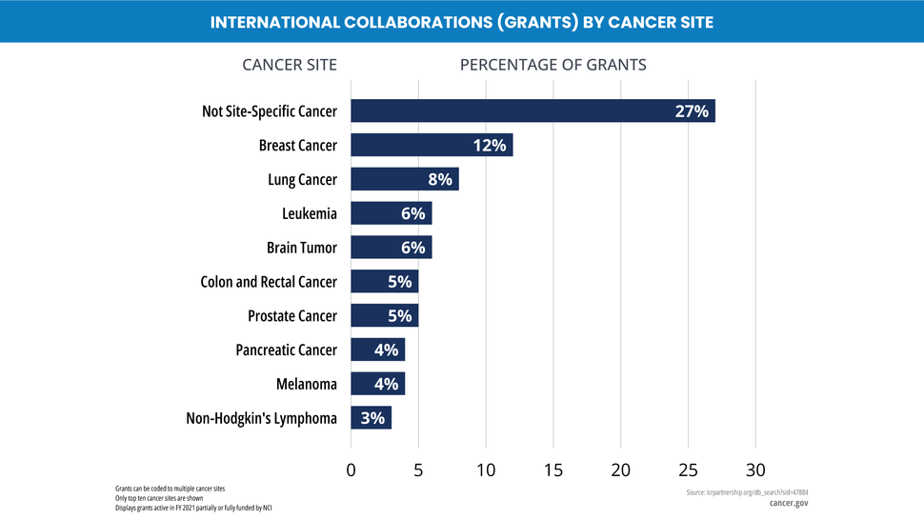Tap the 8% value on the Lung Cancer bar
pyautogui.click(x=440, y=179)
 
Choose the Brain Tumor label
pyautogui.click(x=301, y=248)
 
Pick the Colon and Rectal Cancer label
pyautogui.click(x=269, y=282)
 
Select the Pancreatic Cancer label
pyautogui.click(x=286, y=350)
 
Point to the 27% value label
pyautogui.click(x=692, y=110)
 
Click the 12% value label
pyautogui.click(x=490, y=145)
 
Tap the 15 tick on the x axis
pyautogui.click(x=552, y=470)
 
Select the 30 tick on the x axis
pyautogui.click(x=755, y=470)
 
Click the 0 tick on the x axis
pyautogui.click(x=351, y=470)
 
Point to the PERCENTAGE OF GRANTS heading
pyautogui.click(x=552, y=65)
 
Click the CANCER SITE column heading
pyautogui.click(x=290, y=65)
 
